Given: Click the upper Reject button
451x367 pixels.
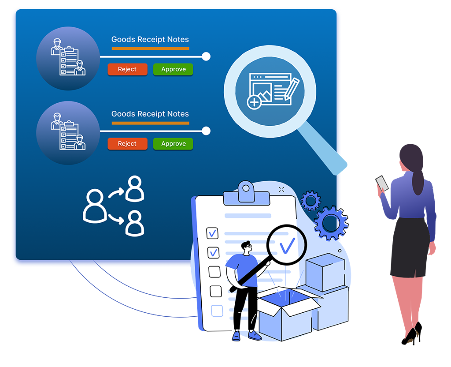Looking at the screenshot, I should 127,69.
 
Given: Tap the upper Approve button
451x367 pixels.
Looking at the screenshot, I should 173,69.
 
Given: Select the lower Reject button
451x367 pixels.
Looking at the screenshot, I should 127,144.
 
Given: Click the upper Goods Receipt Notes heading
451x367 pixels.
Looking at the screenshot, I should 150,40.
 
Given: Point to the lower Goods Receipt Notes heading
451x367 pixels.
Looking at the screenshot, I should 150,114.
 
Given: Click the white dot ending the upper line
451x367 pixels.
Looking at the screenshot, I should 206,56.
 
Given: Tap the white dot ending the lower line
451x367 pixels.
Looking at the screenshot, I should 206,131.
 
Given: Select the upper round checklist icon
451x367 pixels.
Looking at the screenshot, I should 68,59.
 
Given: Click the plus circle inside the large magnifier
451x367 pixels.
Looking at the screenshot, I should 254,103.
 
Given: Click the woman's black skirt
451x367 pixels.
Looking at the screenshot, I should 410,247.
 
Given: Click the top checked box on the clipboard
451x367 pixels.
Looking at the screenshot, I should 213,232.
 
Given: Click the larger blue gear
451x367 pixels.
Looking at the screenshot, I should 331,223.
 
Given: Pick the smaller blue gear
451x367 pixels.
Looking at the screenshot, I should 311,201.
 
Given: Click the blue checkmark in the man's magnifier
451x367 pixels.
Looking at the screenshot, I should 287,245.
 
